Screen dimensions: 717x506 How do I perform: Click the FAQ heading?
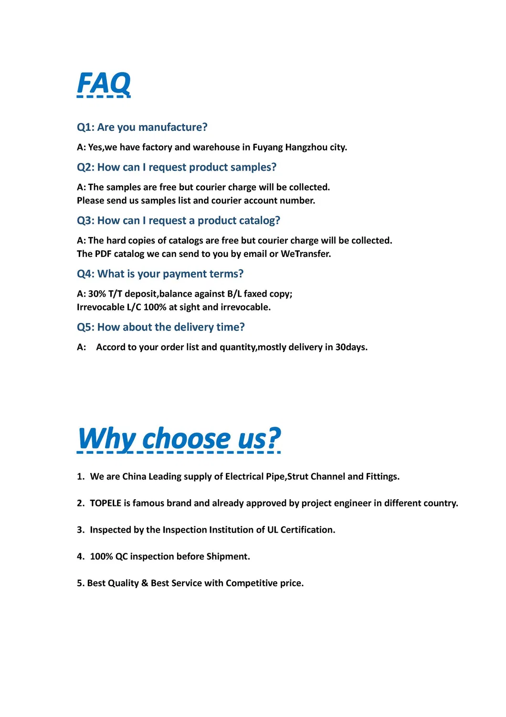pyautogui.click(x=104, y=84)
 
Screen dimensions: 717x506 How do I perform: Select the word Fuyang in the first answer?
pyautogui.click(x=267, y=147)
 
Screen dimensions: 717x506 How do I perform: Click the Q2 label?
pyautogui.click(x=86, y=167)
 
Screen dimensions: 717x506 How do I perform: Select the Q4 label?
pyautogui.click(x=86, y=274)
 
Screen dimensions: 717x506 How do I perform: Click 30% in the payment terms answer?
pyautogui.click(x=97, y=294)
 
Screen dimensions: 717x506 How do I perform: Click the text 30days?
pyautogui.click(x=351, y=347)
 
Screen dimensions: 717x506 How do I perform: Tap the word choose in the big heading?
pyautogui.click(x=187, y=439)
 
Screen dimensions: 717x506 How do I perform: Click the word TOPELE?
pyautogui.click(x=105, y=503)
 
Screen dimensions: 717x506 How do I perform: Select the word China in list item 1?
pyautogui.click(x=134, y=476)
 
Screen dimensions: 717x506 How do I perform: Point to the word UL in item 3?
pyautogui.click(x=273, y=530)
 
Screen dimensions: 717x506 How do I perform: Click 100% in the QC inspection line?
pyautogui.click(x=101, y=556)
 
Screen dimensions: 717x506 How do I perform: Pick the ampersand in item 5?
pyautogui.click(x=145, y=583)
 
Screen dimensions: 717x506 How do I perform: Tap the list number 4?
pyautogui.click(x=80, y=556)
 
